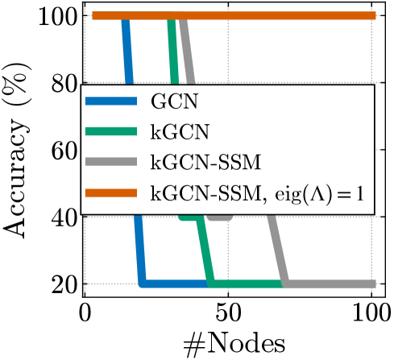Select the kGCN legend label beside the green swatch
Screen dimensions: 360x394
coord(180,131)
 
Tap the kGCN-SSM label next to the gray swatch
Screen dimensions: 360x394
coord(205,161)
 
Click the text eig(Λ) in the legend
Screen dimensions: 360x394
coord(302,192)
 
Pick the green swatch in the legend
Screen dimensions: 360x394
coord(111,131)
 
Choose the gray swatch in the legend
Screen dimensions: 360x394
coord(111,161)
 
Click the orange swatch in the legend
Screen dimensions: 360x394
coord(111,192)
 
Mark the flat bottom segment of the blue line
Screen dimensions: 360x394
coord(173,283)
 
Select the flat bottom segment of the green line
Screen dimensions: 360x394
coord(246,283)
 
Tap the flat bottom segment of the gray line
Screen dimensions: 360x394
coord(330,283)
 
